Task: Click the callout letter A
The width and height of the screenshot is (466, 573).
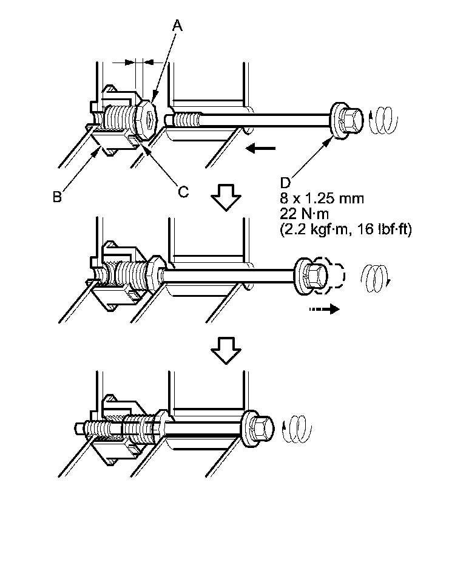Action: tap(177, 25)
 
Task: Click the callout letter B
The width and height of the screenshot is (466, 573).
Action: tap(56, 196)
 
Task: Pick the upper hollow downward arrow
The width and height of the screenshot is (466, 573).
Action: tap(226, 198)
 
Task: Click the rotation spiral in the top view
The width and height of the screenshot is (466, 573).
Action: tap(380, 119)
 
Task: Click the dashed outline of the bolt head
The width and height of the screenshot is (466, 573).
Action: tap(333, 274)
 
